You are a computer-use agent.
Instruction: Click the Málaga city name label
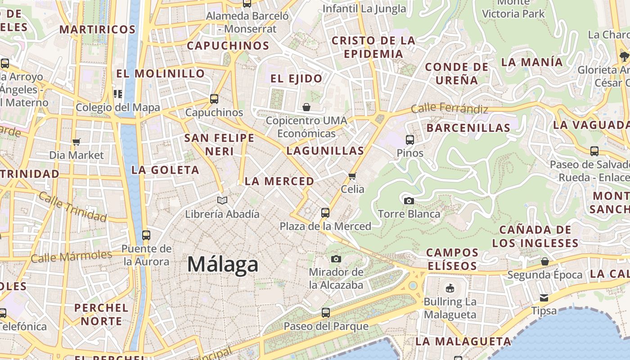223,264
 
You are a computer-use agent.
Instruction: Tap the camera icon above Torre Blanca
409,201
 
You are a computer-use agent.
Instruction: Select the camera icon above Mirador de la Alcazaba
336,259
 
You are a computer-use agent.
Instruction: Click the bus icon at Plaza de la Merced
325,213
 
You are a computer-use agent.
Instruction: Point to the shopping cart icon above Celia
352,176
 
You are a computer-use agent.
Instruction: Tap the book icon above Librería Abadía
222,200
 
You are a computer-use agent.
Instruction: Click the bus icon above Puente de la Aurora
146,235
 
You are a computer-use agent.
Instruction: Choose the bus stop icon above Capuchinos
214,99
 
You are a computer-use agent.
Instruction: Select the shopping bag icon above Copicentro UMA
306,107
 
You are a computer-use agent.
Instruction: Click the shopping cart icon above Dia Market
76,142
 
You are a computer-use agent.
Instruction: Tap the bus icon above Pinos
409,139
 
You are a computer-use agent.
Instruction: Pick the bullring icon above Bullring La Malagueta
450,288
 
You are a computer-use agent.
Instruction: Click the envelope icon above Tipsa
544,297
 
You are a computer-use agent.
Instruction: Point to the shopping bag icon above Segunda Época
545,261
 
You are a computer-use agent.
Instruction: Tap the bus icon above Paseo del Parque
326,312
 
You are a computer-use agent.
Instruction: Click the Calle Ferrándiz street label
449,108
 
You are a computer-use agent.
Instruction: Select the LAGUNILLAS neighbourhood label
325,151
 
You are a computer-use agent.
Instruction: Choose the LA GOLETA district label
165,170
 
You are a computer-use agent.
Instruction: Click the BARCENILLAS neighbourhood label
468,128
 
